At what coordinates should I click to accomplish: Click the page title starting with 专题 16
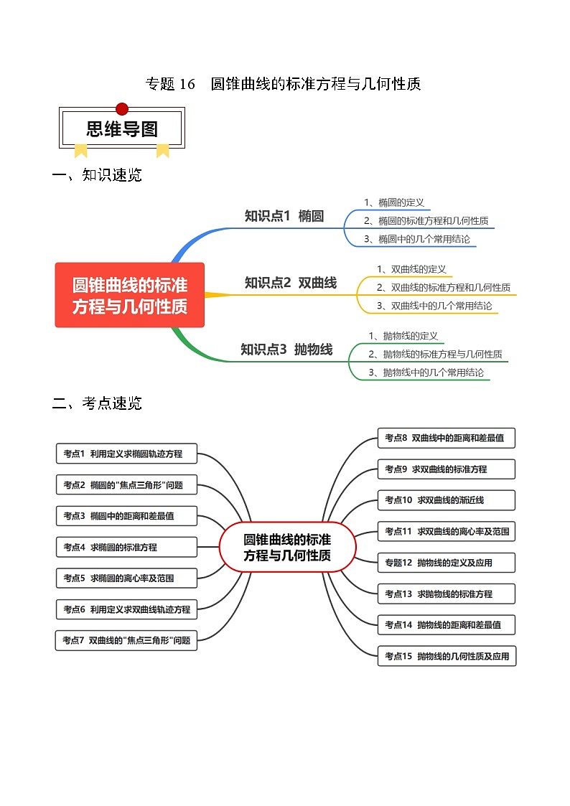283,84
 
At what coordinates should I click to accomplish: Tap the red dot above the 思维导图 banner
122,109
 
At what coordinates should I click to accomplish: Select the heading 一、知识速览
98,175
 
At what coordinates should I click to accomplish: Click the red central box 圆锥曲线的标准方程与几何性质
130,295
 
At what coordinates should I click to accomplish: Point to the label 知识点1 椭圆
284,216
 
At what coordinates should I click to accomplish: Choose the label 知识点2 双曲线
290,283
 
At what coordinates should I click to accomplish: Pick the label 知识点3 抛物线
286,350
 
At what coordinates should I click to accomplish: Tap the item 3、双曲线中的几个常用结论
434,306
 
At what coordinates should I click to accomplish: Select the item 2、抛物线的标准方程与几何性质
435,354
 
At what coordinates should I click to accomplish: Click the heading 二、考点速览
98,403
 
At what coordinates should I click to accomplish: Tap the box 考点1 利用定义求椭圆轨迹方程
126,454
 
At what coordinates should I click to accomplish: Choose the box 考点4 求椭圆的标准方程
126,547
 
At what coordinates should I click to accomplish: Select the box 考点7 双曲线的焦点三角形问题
126,640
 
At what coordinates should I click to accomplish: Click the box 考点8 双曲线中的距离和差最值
447,438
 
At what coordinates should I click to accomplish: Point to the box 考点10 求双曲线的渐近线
447,500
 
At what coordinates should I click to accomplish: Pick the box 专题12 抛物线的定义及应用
447,563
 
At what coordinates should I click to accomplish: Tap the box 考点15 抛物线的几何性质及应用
447,656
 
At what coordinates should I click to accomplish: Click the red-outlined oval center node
287,547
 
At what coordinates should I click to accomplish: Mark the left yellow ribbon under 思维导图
81,150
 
